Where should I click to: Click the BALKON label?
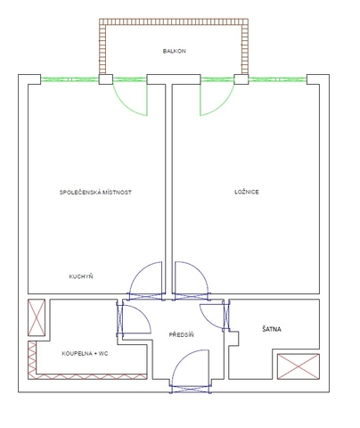[175, 51]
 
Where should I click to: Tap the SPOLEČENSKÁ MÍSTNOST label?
[95, 193]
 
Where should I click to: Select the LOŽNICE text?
[247, 192]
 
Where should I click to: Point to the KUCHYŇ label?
[81, 276]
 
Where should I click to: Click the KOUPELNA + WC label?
[85, 354]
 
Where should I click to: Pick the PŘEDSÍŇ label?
[182, 335]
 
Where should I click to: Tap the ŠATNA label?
[272, 329]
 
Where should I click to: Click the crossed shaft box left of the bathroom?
[37, 317]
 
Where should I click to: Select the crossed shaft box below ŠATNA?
[299, 366]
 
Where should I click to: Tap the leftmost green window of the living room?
[70, 79]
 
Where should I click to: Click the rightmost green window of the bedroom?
[277, 79]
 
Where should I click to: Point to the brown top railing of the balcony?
[174, 22]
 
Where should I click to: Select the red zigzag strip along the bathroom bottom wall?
[87, 376]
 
